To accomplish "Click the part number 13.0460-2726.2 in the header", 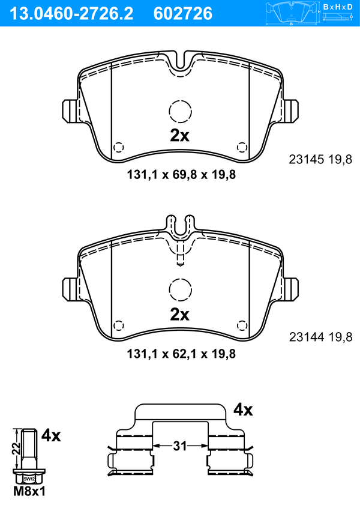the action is click(x=71, y=14).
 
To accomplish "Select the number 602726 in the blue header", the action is click(x=183, y=14).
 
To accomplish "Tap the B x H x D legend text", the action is click(x=338, y=7).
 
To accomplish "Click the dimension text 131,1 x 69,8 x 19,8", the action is click(x=181, y=175).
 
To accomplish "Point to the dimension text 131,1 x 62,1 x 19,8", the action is click(x=181, y=354).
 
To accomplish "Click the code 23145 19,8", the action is click(x=320, y=159).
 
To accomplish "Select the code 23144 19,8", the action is click(x=320, y=337).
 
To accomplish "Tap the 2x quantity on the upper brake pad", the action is click(x=179, y=136).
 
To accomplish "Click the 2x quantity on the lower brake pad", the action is click(x=179, y=314).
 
